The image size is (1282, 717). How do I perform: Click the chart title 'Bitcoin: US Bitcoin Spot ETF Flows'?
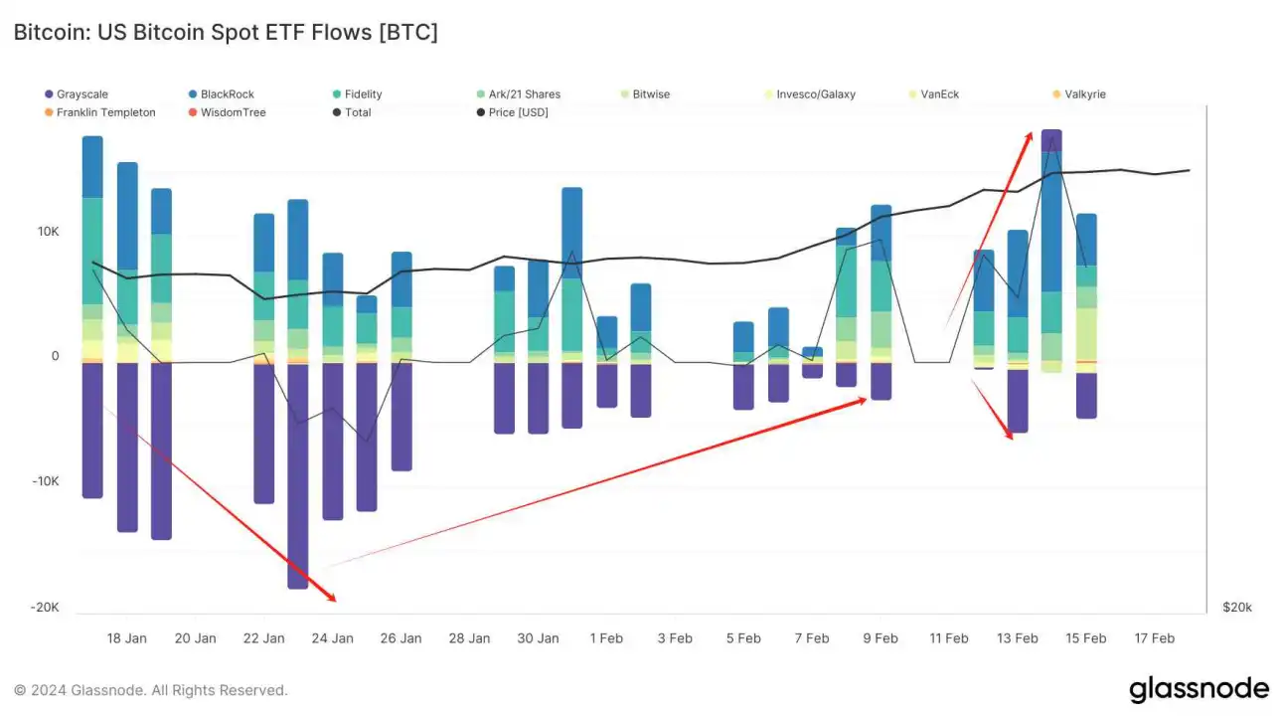225,32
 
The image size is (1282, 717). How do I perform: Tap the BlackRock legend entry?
227,94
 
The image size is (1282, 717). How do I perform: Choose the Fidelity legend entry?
363,94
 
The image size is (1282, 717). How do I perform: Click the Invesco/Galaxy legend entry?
815,94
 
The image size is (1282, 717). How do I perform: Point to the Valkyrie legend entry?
1084,94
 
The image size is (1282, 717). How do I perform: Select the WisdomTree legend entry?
233,112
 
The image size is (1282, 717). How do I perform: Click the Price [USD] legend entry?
518,112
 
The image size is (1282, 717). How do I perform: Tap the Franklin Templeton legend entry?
105,112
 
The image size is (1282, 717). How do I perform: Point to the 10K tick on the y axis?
48,232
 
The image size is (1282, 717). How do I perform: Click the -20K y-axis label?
44,608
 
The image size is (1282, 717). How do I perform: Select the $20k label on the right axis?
1237,608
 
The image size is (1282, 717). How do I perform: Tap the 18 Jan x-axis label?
126,638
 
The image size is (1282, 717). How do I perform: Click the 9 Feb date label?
880,638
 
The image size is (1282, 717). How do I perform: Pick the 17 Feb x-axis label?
1154,638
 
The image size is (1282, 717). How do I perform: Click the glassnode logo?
1199,689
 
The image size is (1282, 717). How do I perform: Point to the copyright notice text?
150,690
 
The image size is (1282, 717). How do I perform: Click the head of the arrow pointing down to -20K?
335,600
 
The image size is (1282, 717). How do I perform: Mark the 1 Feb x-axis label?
606,638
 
